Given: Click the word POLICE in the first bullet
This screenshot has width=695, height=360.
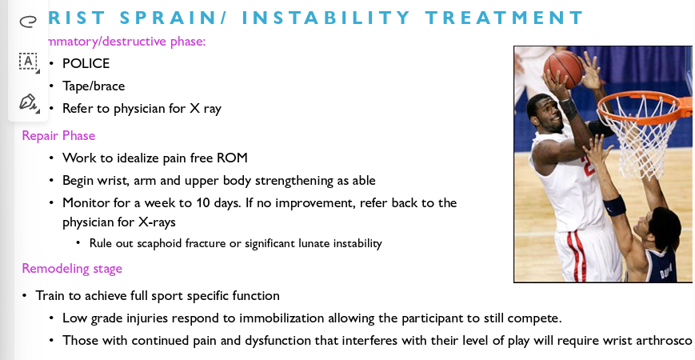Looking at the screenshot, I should pyautogui.click(x=86, y=63).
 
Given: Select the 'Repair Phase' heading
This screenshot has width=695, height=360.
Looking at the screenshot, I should pyautogui.click(x=58, y=135).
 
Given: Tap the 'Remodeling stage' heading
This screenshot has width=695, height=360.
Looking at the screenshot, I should pyautogui.click(x=72, y=268).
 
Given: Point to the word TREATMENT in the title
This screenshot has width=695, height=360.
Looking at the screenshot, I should pyautogui.click(x=505, y=17).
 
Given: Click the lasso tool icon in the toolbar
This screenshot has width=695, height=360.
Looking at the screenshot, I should pyautogui.click(x=27, y=21).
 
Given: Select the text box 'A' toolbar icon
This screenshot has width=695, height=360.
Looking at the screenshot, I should pyautogui.click(x=28, y=61).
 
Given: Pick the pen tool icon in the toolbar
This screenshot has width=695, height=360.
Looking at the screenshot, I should pyautogui.click(x=28, y=102).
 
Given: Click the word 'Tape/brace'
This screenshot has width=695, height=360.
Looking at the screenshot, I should pyautogui.click(x=94, y=86).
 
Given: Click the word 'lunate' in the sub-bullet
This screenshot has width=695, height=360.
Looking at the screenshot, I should pyautogui.click(x=318, y=243).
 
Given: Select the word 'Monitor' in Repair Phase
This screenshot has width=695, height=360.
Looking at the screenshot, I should pyautogui.click(x=86, y=202).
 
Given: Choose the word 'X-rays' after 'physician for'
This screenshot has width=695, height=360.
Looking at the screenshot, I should pyautogui.click(x=157, y=222).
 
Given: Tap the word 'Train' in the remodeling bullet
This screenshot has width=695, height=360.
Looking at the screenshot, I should pyautogui.click(x=50, y=295).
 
